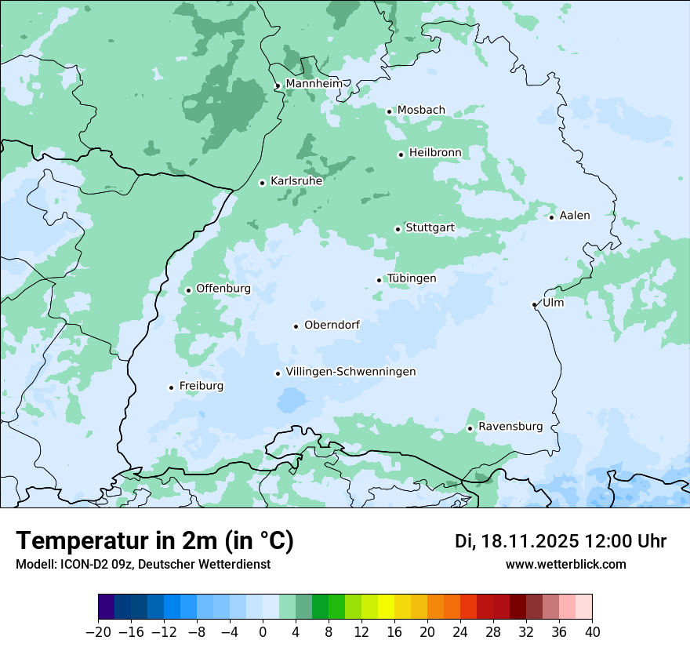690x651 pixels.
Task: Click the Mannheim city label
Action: [x=314, y=83]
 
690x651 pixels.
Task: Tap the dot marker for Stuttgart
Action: [x=398, y=229]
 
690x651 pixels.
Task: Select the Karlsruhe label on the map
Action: [x=296, y=181]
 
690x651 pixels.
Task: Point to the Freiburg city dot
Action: [x=171, y=387]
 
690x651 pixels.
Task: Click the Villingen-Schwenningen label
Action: [x=350, y=372]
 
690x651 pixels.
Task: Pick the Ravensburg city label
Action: [x=510, y=427]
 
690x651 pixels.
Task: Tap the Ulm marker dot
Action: [x=534, y=304]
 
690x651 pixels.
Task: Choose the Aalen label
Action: [x=575, y=216]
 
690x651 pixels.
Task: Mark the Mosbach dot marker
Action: [x=389, y=111]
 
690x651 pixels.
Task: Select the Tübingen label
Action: [x=412, y=278]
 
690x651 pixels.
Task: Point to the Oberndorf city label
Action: [x=332, y=325]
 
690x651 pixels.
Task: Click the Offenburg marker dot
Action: [x=188, y=290]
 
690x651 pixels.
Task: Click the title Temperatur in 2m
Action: [x=154, y=541]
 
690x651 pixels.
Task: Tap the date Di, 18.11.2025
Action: [x=517, y=541]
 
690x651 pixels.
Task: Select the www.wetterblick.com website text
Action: [x=565, y=565]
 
